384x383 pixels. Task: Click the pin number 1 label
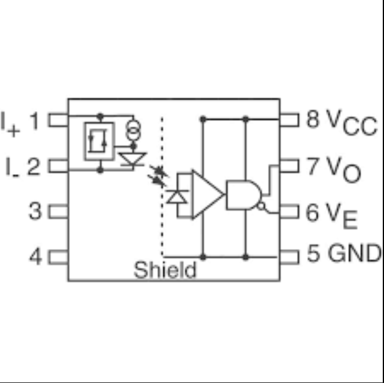tap(34, 121)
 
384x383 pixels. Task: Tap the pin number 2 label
tap(34, 166)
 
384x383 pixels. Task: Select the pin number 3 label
tap(35, 211)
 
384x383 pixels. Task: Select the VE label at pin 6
tap(341, 215)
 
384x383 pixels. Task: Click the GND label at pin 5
tap(354, 253)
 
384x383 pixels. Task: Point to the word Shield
tap(165, 270)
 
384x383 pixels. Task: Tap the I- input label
tap(12, 167)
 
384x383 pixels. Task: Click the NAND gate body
tap(244, 195)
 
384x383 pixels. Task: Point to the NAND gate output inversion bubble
tap(261, 206)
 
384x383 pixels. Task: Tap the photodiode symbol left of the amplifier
tap(177, 197)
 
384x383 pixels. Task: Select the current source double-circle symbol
tap(133, 130)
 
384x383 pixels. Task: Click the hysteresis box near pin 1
tap(99, 141)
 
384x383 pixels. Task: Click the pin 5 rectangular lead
tap(289, 257)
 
